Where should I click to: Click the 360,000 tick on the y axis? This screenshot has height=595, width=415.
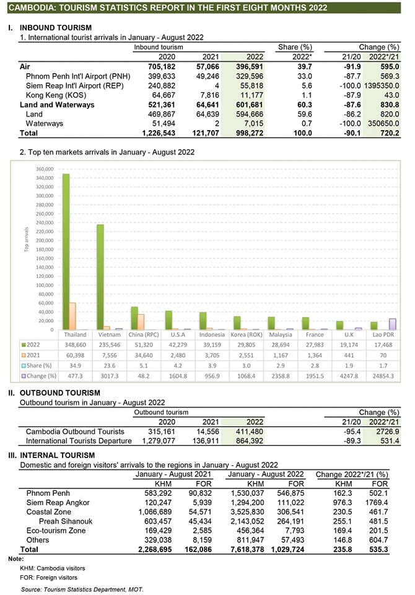[46, 169]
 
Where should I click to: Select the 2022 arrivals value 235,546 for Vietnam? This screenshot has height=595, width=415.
[108, 344]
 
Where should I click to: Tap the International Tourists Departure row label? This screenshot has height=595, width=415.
[79, 441]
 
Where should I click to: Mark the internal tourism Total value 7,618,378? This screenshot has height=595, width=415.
[249, 549]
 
